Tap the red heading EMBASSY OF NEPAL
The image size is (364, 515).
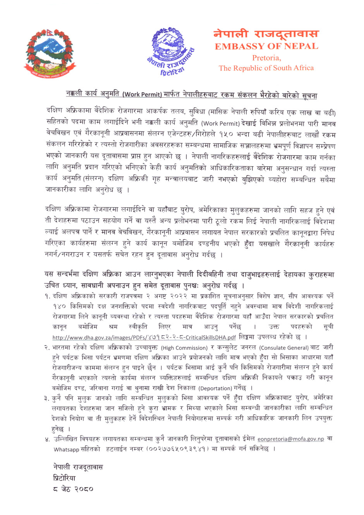tap(266, 47)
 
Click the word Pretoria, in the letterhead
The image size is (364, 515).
tap(266, 58)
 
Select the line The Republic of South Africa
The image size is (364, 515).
tap(266, 68)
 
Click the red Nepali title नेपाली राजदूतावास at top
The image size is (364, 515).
tap(266, 34)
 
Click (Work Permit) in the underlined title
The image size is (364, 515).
tap(142, 95)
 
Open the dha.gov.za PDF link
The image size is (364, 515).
tap(144, 337)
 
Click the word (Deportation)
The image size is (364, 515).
tap(215, 388)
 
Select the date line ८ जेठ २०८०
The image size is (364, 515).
tap(73, 489)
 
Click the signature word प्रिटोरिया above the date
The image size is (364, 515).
tap(64, 478)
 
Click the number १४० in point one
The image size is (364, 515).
tap(60, 307)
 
